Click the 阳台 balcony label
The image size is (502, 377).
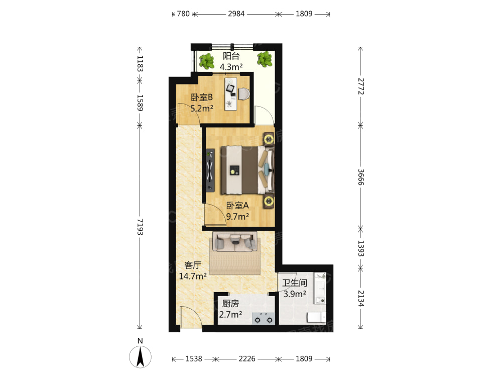coord(231,56)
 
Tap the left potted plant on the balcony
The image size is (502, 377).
coord(206,61)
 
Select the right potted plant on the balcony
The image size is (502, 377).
coord(265,59)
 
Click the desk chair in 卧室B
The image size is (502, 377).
coord(243,94)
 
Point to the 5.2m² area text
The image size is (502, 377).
coord(202,109)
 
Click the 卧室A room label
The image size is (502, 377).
coord(237,206)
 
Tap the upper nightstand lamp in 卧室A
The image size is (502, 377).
coord(269,139)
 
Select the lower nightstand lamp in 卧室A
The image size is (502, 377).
coord(269,202)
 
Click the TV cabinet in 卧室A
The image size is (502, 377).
coord(210,170)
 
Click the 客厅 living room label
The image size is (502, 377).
coord(193,265)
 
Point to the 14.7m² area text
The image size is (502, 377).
coord(193,276)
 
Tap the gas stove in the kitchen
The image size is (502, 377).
coord(263,319)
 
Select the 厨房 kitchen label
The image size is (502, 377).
coord(230,303)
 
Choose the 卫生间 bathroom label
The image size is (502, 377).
coord(295,282)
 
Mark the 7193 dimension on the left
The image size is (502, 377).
coord(140,227)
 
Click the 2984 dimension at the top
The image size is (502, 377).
coord(236,14)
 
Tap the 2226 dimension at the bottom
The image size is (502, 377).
coord(247,359)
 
